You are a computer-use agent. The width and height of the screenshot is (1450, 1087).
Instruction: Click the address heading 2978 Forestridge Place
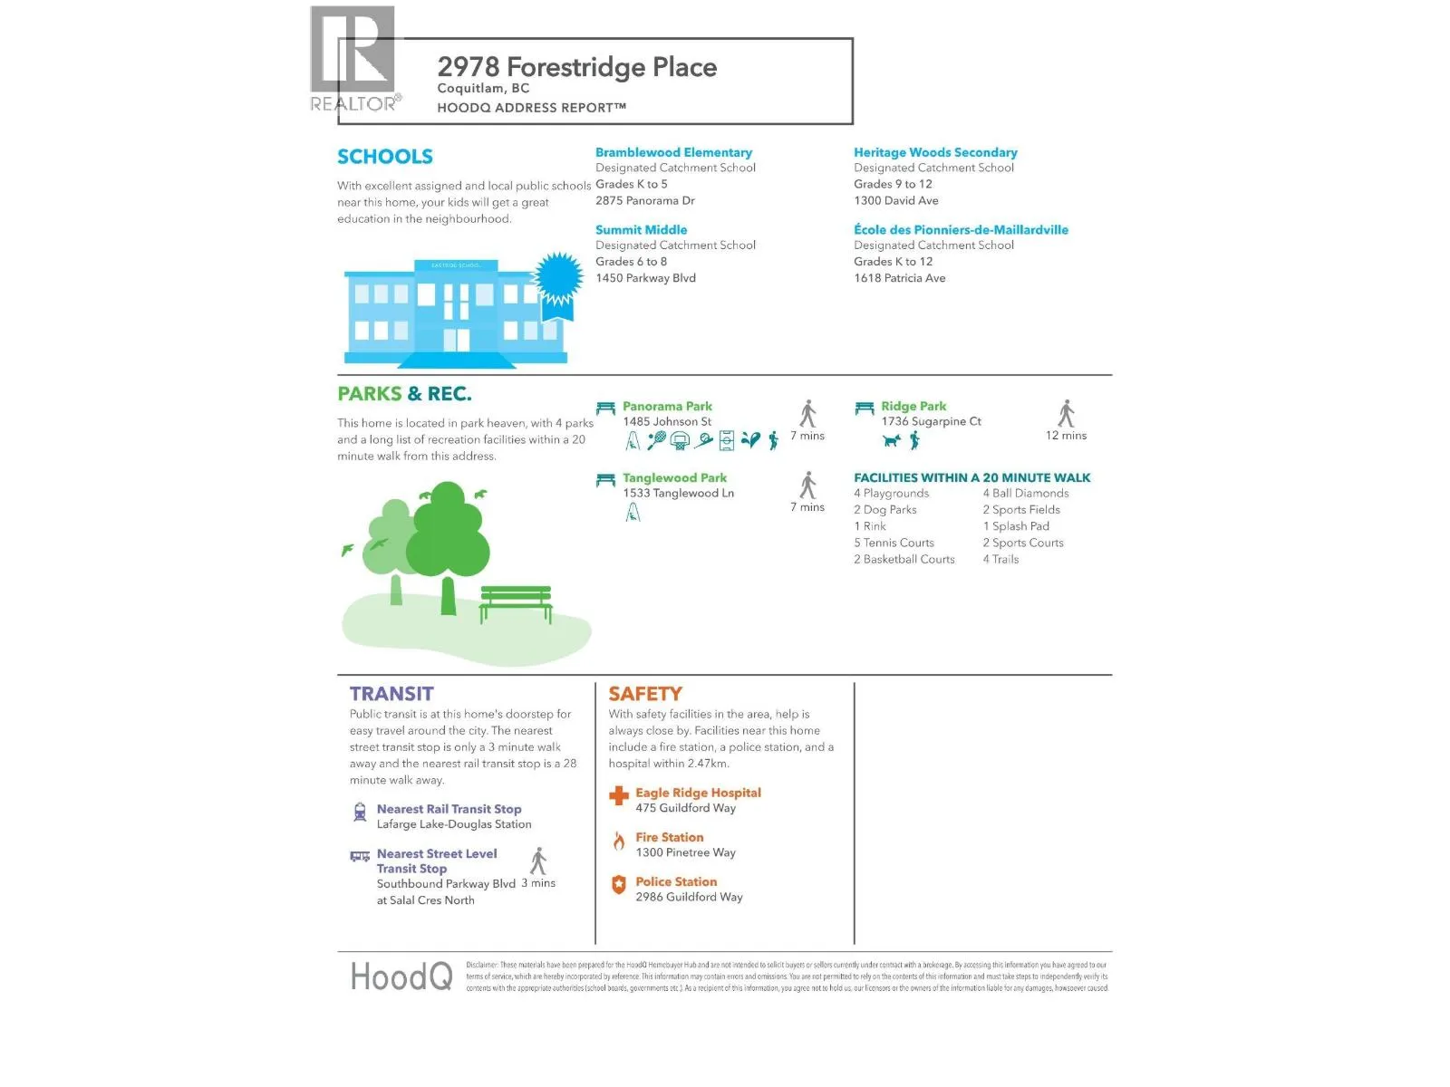point(576,67)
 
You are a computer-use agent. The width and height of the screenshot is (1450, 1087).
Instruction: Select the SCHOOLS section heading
point(384,157)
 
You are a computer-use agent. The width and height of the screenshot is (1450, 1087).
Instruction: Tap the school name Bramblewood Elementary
point(673,152)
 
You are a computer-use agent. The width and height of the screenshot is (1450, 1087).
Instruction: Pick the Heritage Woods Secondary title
point(934,152)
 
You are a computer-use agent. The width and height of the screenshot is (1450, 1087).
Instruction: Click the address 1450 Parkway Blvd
point(645,278)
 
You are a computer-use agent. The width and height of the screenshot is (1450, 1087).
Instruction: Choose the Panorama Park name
point(667,406)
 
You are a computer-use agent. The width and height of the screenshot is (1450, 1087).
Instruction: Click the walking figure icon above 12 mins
point(1067,413)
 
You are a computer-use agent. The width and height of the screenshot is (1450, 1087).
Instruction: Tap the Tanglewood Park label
point(674,477)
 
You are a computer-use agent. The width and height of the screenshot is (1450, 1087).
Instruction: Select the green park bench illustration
point(516,601)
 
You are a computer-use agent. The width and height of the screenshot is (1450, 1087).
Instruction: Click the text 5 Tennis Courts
point(894,543)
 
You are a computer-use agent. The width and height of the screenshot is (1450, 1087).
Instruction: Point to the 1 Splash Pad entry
point(1016,526)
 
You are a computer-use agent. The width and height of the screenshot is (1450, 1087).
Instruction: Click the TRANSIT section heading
point(391,694)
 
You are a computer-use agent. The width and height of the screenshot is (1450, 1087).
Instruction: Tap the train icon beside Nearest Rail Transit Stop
point(360,812)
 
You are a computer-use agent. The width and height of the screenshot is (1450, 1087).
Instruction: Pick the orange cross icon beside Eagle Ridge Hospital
point(619,796)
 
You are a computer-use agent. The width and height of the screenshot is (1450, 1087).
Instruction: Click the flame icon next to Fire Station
point(619,842)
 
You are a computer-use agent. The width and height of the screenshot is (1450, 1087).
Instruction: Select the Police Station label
point(676,881)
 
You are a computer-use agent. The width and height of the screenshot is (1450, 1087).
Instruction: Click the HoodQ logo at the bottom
point(401,976)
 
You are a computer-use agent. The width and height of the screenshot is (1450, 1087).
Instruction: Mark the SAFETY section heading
point(645,694)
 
